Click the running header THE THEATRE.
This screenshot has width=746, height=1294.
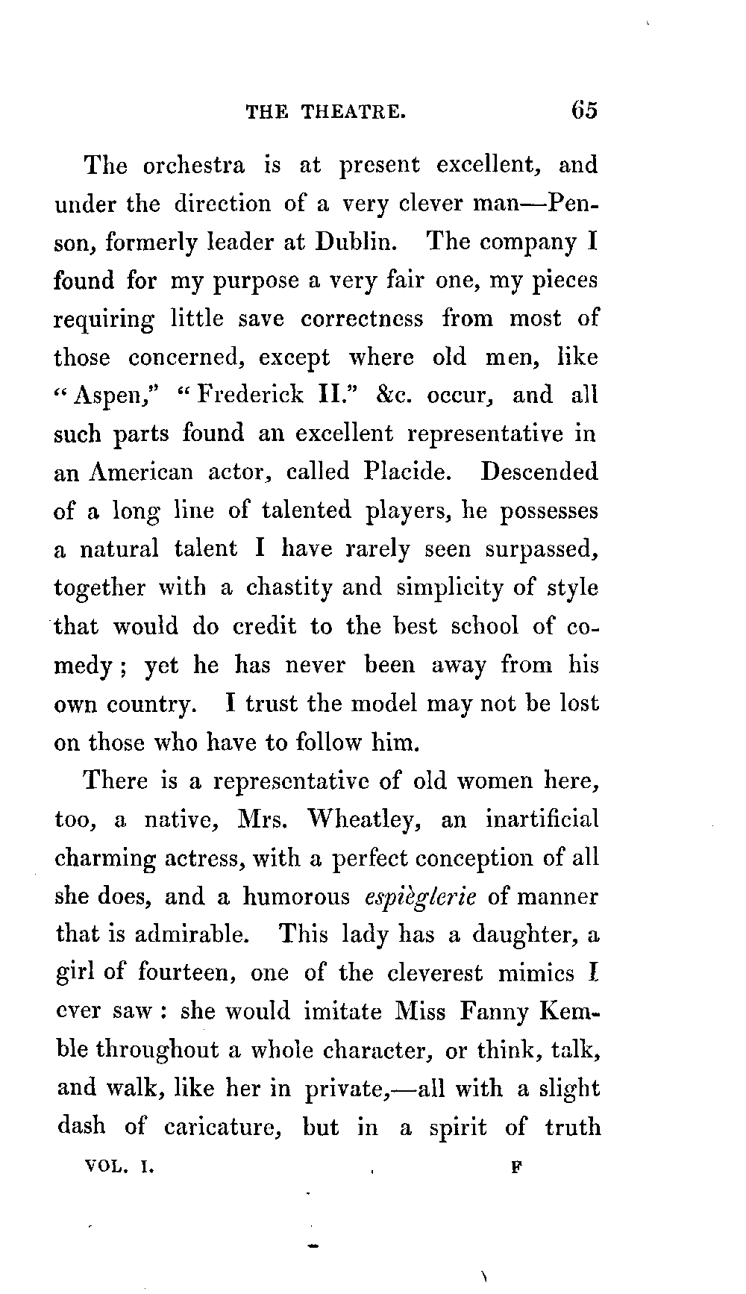326,112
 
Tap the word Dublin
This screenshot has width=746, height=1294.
351,242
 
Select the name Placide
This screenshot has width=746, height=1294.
408,472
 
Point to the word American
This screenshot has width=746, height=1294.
140,472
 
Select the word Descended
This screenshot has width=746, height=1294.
539,472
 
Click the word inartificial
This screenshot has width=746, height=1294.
542,819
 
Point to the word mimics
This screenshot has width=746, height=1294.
536,973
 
